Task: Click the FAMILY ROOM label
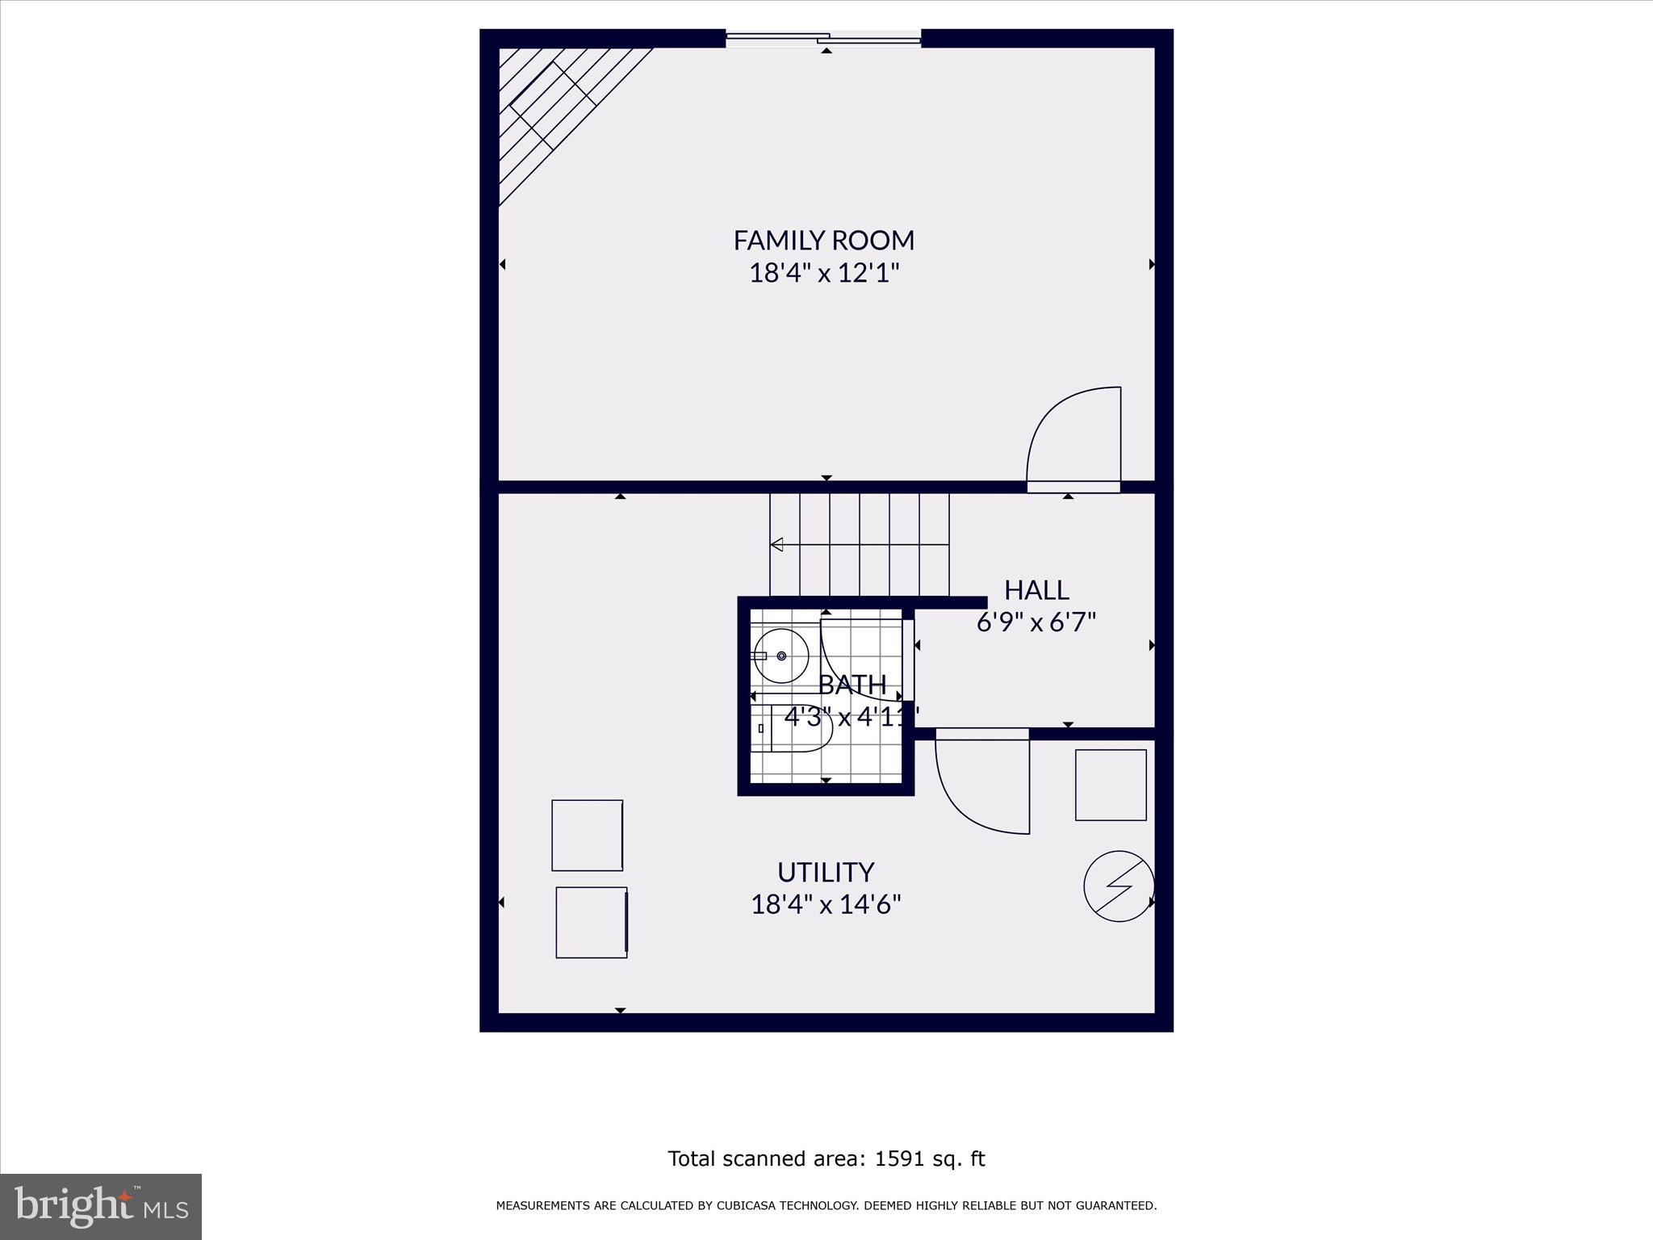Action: [x=823, y=240]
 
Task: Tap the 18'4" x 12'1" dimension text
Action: [x=823, y=273]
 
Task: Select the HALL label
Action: [x=1036, y=590]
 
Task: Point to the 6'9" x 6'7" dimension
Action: [x=1036, y=622]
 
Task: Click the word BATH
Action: [x=852, y=685]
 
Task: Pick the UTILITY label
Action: [x=826, y=872]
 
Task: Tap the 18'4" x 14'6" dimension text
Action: [x=826, y=904]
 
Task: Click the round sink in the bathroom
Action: [x=781, y=656]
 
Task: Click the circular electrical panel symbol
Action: [x=1119, y=886]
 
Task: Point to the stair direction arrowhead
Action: [x=776, y=545]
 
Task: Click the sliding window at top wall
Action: [x=823, y=37]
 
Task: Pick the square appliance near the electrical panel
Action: [x=1111, y=785]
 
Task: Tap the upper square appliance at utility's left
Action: [x=587, y=835]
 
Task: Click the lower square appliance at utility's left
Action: [x=592, y=922]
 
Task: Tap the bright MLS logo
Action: [x=101, y=1206]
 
